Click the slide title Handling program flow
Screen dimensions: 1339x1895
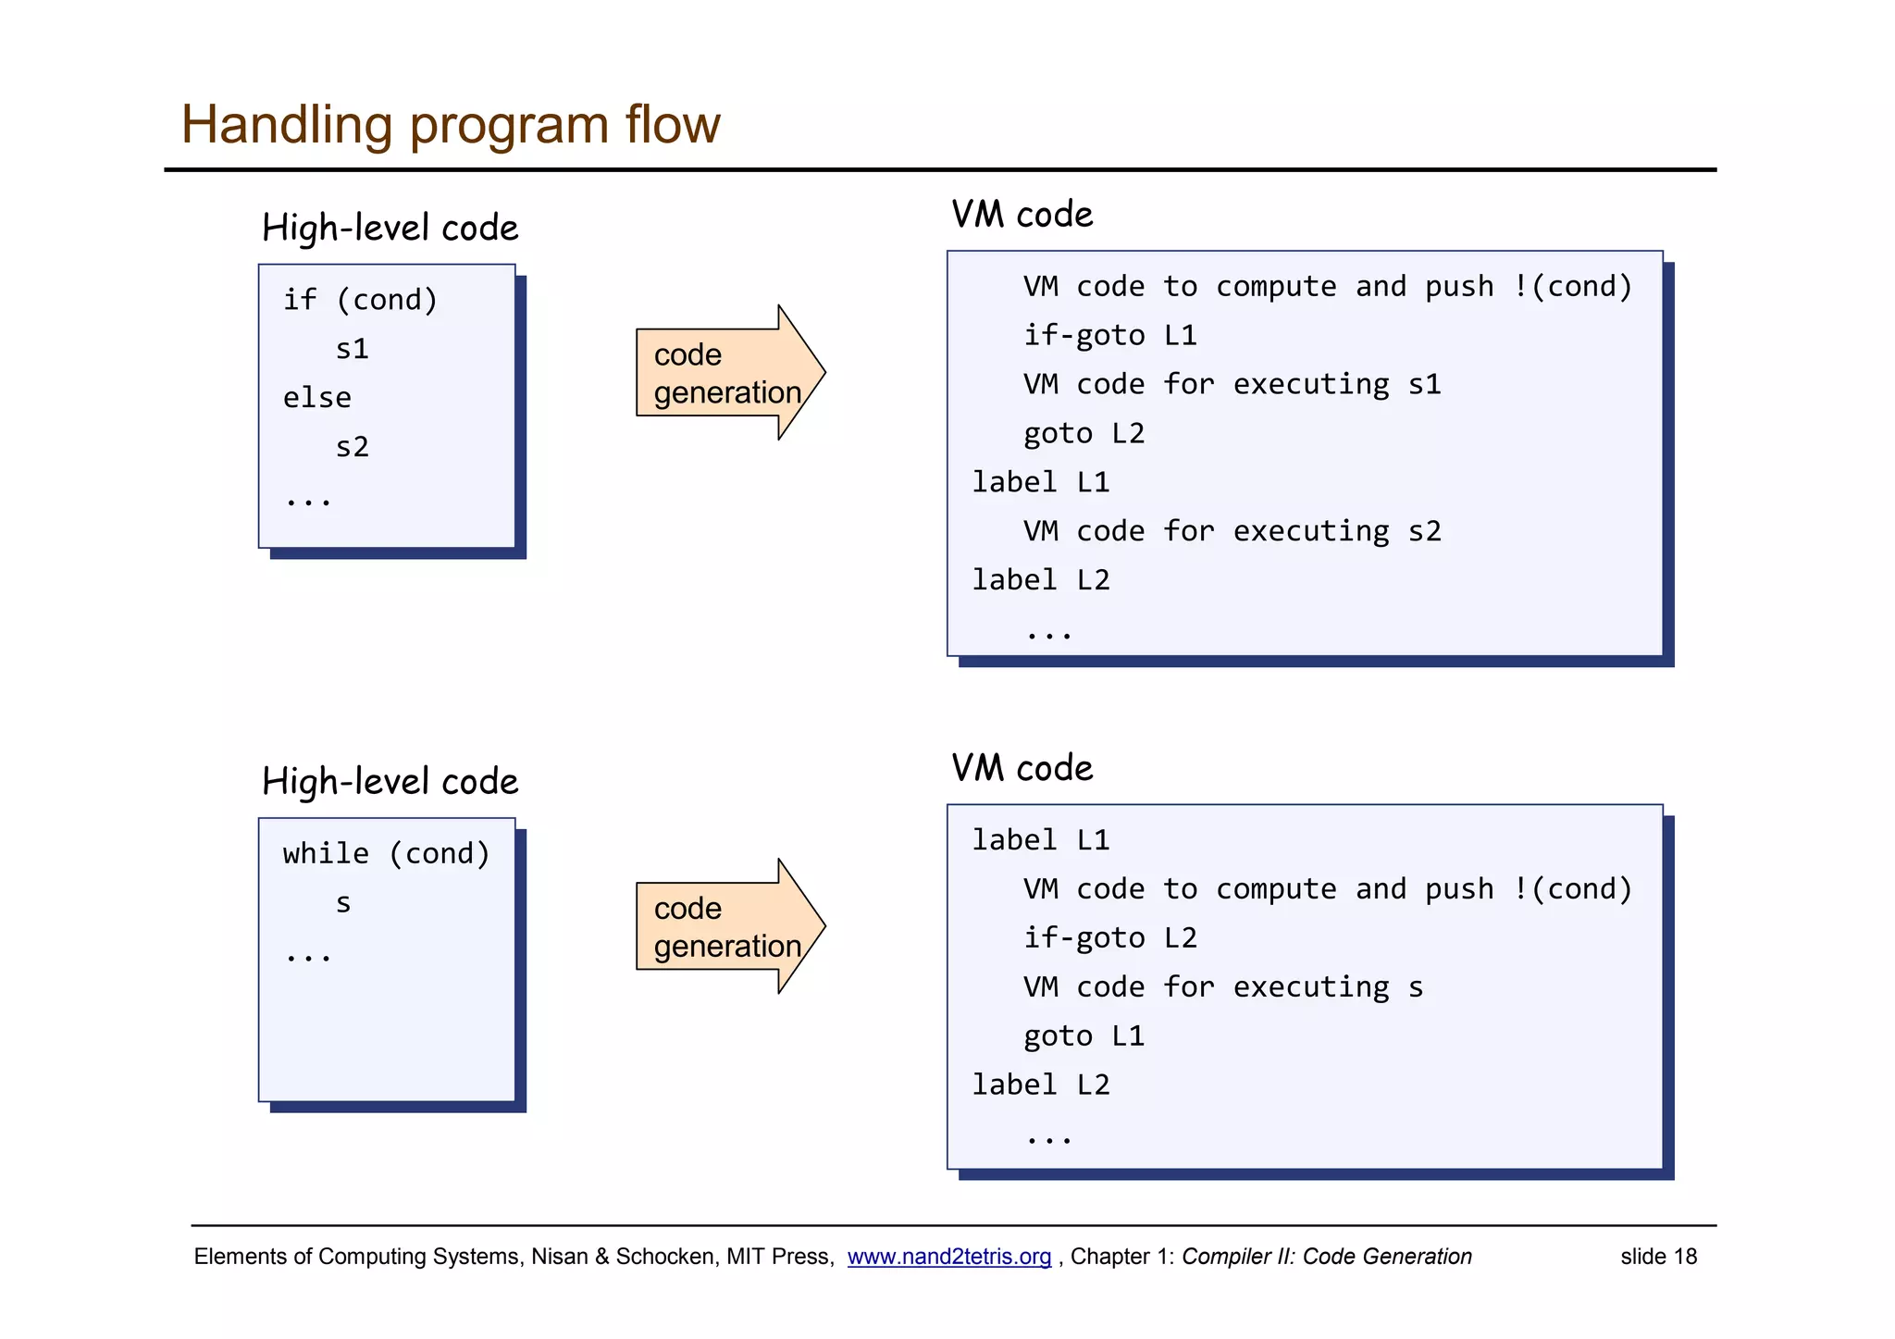click(x=450, y=124)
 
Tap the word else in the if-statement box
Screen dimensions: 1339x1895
click(x=317, y=398)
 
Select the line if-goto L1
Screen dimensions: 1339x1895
click(x=1109, y=335)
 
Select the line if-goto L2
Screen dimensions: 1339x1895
click(x=1109, y=938)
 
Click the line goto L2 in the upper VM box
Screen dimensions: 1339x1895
click(x=1084, y=433)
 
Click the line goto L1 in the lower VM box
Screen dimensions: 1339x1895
click(x=1084, y=1035)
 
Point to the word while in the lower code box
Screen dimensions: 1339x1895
click(x=326, y=853)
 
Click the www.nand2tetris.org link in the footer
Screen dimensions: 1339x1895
click(x=948, y=1257)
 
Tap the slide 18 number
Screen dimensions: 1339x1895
click(x=1658, y=1257)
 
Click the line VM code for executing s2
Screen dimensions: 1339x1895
click(x=1232, y=531)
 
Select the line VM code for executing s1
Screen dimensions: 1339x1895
click(x=1232, y=384)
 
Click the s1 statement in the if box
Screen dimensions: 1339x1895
click(x=352, y=349)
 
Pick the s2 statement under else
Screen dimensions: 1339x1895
click(x=352, y=447)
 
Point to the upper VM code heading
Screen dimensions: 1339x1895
click(x=1022, y=215)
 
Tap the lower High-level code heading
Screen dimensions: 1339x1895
click(x=390, y=782)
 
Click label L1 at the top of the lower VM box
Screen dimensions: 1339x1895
click(x=1040, y=840)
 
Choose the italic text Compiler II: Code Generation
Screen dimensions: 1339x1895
click(x=1326, y=1257)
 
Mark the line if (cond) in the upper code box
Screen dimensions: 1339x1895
click(x=360, y=300)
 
